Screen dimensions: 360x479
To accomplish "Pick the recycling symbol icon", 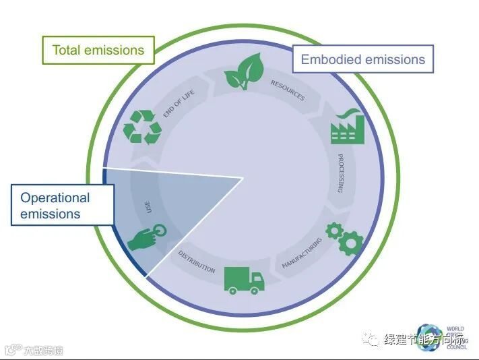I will point(142,127).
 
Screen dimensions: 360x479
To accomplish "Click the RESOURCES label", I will point(288,90).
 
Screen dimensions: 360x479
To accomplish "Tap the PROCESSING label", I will point(341,173).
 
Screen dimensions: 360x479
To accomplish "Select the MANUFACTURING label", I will point(301,253).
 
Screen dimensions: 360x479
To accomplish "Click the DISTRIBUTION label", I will point(197,262).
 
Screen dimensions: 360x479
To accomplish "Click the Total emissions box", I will point(98,51).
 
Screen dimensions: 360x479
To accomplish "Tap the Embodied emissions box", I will point(362,59).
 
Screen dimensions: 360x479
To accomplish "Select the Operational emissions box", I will point(62,206).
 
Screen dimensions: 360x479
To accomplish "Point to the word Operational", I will point(55,198).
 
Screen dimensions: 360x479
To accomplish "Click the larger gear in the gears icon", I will point(351,242).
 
